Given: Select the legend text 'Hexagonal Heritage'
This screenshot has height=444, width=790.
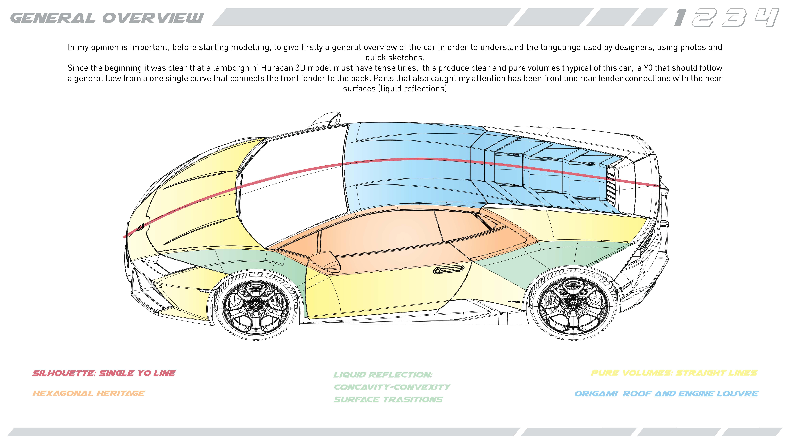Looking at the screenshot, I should click(x=89, y=393).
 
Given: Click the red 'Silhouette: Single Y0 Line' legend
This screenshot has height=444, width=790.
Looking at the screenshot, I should click(x=104, y=373).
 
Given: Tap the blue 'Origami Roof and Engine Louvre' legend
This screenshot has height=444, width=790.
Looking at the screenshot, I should click(x=666, y=394).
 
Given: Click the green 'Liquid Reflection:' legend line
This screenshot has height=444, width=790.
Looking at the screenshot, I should click(x=383, y=375).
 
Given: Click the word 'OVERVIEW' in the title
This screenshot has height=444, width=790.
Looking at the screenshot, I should click(x=153, y=18).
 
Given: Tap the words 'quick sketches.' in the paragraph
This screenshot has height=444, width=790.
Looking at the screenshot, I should click(x=395, y=58).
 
